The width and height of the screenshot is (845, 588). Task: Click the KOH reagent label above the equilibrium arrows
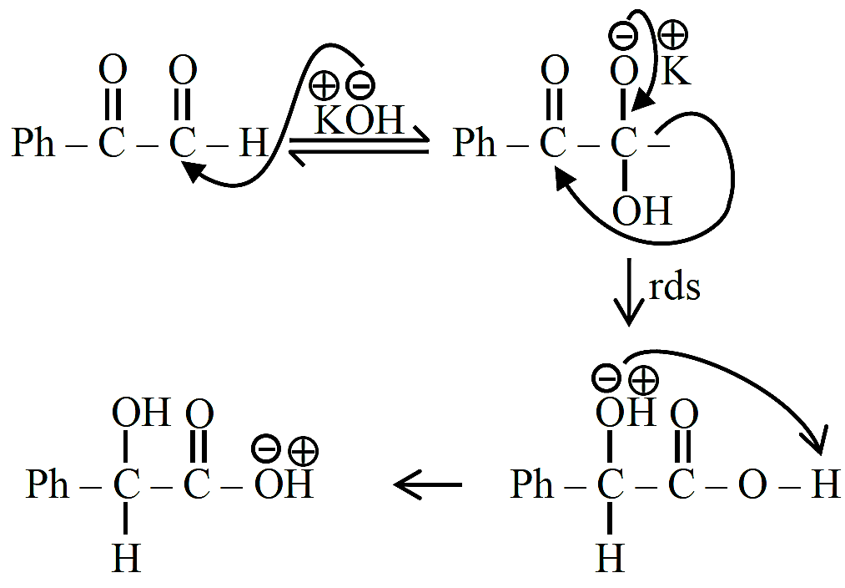(359, 119)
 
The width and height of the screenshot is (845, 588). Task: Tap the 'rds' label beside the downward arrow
(674, 287)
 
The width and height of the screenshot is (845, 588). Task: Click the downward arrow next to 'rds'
(628, 292)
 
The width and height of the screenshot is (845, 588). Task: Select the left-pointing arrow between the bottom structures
(428, 484)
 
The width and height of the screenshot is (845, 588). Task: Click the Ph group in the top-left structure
(33, 143)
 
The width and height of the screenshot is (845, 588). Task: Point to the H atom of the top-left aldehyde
(254, 143)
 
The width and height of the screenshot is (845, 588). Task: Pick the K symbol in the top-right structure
(675, 71)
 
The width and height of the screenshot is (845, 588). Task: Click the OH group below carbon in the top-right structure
(642, 211)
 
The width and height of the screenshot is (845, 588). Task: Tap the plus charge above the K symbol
(673, 35)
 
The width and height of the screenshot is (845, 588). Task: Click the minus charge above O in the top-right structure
(623, 36)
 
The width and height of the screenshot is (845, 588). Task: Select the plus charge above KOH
(324, 86)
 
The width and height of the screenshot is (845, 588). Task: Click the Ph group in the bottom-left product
(48, 484)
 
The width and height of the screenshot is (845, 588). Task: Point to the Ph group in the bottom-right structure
(532, 484)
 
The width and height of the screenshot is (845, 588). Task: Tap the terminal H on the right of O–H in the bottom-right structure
(826, 484)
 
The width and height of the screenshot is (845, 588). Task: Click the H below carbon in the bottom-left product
(127, 557)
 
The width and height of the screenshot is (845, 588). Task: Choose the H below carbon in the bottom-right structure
(611, 557)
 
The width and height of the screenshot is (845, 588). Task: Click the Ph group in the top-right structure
(475, 143)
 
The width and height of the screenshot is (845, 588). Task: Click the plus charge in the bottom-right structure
(643, 380)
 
